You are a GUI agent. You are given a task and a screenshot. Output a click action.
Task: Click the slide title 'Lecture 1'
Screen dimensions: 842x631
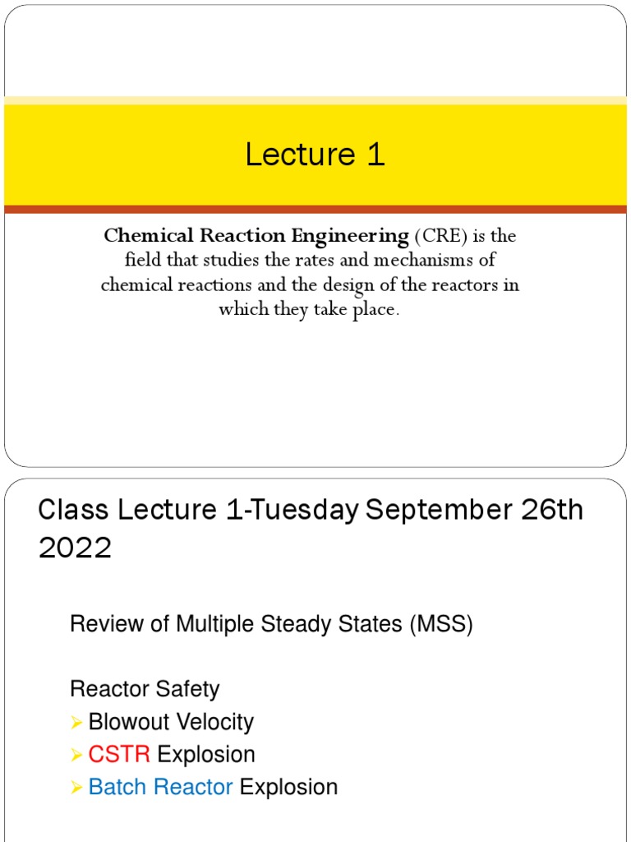click(315, 155)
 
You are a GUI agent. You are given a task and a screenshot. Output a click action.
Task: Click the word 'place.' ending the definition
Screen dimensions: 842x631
click(376, 310)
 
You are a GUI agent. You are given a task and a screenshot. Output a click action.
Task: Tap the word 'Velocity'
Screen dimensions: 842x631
click(216, 723)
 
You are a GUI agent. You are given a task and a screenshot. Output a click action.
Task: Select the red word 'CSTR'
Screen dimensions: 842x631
click(119, 755)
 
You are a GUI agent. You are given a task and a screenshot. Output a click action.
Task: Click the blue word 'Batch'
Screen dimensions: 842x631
click(117, 787)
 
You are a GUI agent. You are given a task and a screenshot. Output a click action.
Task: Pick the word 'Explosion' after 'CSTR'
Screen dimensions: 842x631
click(206, 755)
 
